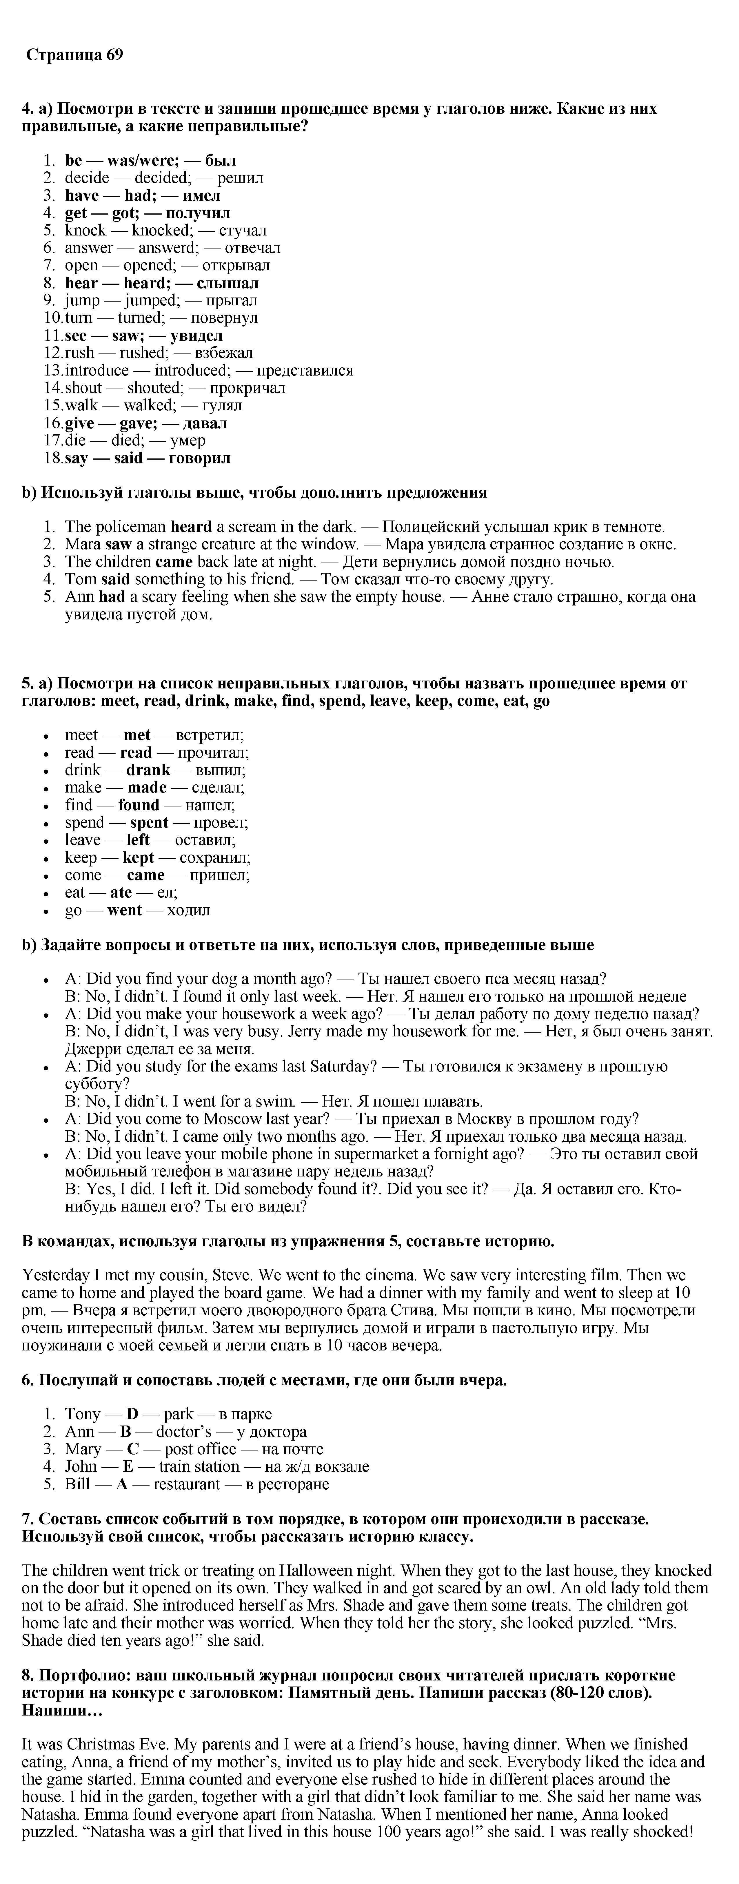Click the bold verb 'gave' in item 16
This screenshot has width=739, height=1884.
click(x=138, y=423)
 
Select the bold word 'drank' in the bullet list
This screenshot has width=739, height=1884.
click(x=148, y=770)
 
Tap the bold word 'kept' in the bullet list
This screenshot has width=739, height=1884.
click(x=139, y=858)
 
